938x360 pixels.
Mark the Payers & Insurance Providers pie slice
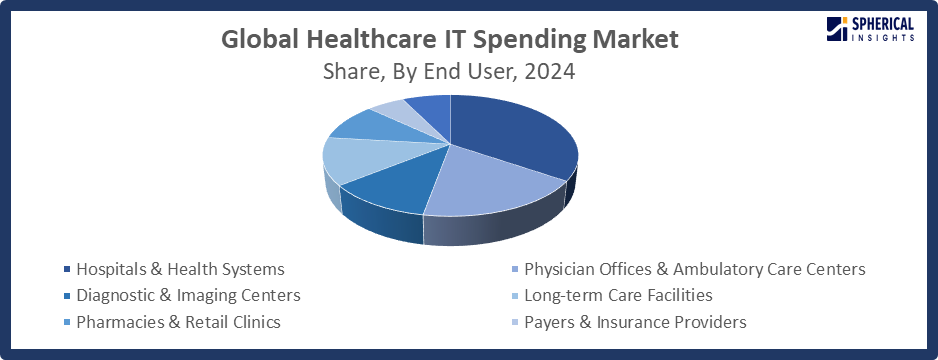[392, 108]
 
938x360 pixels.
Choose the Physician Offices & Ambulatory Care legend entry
[694, 269]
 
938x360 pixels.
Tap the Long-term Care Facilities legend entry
[618, 295]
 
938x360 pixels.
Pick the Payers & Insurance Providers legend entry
[635, 321]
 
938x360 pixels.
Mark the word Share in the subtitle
[351, 72]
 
